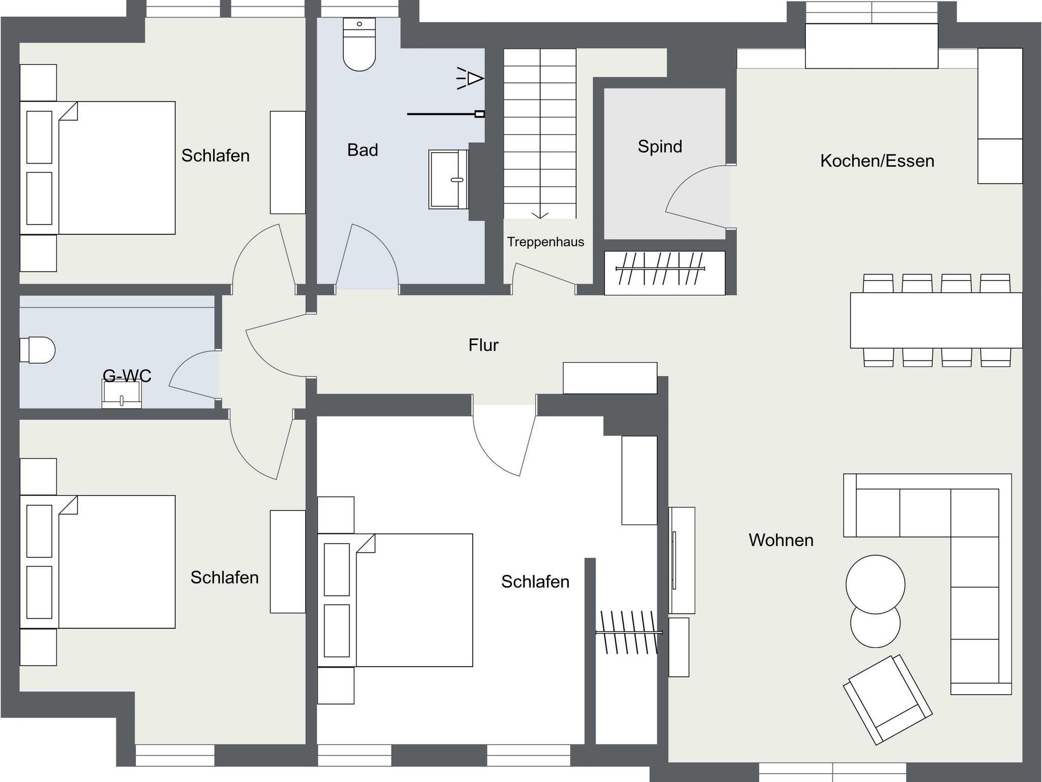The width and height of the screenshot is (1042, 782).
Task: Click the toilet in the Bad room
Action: (x=359, y=44)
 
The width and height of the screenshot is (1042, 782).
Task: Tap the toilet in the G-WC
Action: (x=37, y=350)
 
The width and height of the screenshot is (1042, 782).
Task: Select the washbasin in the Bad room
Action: (x=448, y=179)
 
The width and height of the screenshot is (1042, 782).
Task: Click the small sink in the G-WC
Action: (x=122, y=394)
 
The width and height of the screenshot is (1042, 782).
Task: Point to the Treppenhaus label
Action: (x=545, y=242)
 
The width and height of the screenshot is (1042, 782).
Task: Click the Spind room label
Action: (x=660, y=146)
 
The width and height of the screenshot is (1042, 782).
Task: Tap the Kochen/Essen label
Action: (x=877, y=161)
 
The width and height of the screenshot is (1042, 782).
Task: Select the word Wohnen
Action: (x=781, y=539)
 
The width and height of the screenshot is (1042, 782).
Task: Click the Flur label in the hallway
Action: (x=483, y=345)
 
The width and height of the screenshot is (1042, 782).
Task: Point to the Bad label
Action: (x=363, y=149)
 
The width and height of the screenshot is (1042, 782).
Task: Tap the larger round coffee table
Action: (x=875, y=584)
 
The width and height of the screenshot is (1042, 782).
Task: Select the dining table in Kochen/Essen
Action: (x=936, y=320)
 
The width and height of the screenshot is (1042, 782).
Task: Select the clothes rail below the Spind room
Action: (x=660, y=268)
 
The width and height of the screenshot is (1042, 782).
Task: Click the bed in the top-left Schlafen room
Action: (x=98, y=168)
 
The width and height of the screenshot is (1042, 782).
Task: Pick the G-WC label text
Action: (x=127, y=376)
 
